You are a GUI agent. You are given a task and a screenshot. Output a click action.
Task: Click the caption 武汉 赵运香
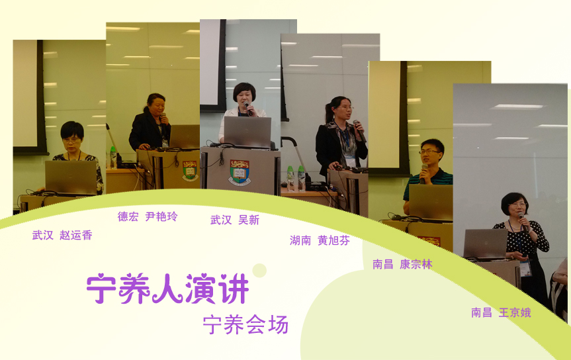(62, 236)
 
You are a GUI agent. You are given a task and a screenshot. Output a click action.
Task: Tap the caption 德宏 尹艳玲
(148, 217)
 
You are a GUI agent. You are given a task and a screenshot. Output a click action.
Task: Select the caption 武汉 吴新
(235, 220)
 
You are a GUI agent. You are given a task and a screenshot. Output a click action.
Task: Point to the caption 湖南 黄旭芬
(320, 240)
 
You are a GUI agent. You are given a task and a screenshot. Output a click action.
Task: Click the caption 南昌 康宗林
(402, 264)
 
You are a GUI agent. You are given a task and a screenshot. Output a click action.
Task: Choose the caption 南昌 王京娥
(501, 312)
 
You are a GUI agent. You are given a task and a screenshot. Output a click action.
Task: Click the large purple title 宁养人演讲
(168, 289)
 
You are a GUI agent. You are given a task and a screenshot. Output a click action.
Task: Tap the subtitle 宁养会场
(246, 325)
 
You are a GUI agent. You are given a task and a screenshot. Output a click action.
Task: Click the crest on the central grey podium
(240, 172)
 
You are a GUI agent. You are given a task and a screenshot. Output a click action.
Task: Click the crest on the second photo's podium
(190, 171)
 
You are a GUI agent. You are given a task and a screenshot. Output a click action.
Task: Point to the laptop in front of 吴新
(247, 132)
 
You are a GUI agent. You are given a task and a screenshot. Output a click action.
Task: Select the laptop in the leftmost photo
(71, 177)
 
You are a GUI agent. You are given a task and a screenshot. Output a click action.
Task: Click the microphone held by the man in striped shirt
(423, 173)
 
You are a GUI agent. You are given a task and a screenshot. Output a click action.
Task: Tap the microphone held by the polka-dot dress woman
(523, 222)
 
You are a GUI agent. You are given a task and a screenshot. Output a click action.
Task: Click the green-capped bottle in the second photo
(113, 157)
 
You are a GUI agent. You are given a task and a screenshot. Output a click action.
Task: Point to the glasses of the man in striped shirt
(429, 152)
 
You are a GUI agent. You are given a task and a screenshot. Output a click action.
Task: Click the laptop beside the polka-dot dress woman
(486, 244)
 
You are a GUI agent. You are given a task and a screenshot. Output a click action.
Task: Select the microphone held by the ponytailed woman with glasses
(359, 131)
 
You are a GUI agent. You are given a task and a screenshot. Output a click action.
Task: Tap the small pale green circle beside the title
(259, 271)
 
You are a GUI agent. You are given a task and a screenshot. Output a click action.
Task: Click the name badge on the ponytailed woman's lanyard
(350, 161)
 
